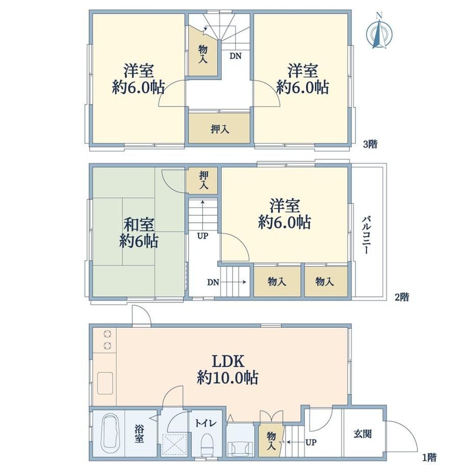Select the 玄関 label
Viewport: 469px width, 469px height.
pyautogui.click(x=362, y=433)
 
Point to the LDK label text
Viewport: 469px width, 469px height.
pyautogui.click(x=228, y=361)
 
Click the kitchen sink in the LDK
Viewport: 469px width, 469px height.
pyautogui.click(x=105, y=383)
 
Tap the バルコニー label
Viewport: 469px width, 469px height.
pyautogui.click(x=367, y=235)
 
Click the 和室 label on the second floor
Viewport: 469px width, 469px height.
pyautogui.click(x=139, y=224)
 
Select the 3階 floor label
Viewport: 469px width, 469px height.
pyautogui.click(x=370, y=144)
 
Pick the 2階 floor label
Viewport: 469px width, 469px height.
pyautogui.click(x=401, y=297)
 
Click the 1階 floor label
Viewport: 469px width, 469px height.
pyautogui.click(x=429, y=457)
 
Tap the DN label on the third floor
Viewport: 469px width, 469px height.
pyautogui.click(x=236, y=56)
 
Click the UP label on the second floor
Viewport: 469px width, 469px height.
pyautogui.click(x=202, y=236)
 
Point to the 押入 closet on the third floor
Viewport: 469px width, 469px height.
pyautogui.click(x=219, y=128)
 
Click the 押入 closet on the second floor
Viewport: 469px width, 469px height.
pyautogui.click(x=204, y=180)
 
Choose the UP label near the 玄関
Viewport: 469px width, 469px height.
pyautogui.click(x=311, y=442)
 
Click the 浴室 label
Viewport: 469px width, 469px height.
pyautogui.click(x=139, y=434)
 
